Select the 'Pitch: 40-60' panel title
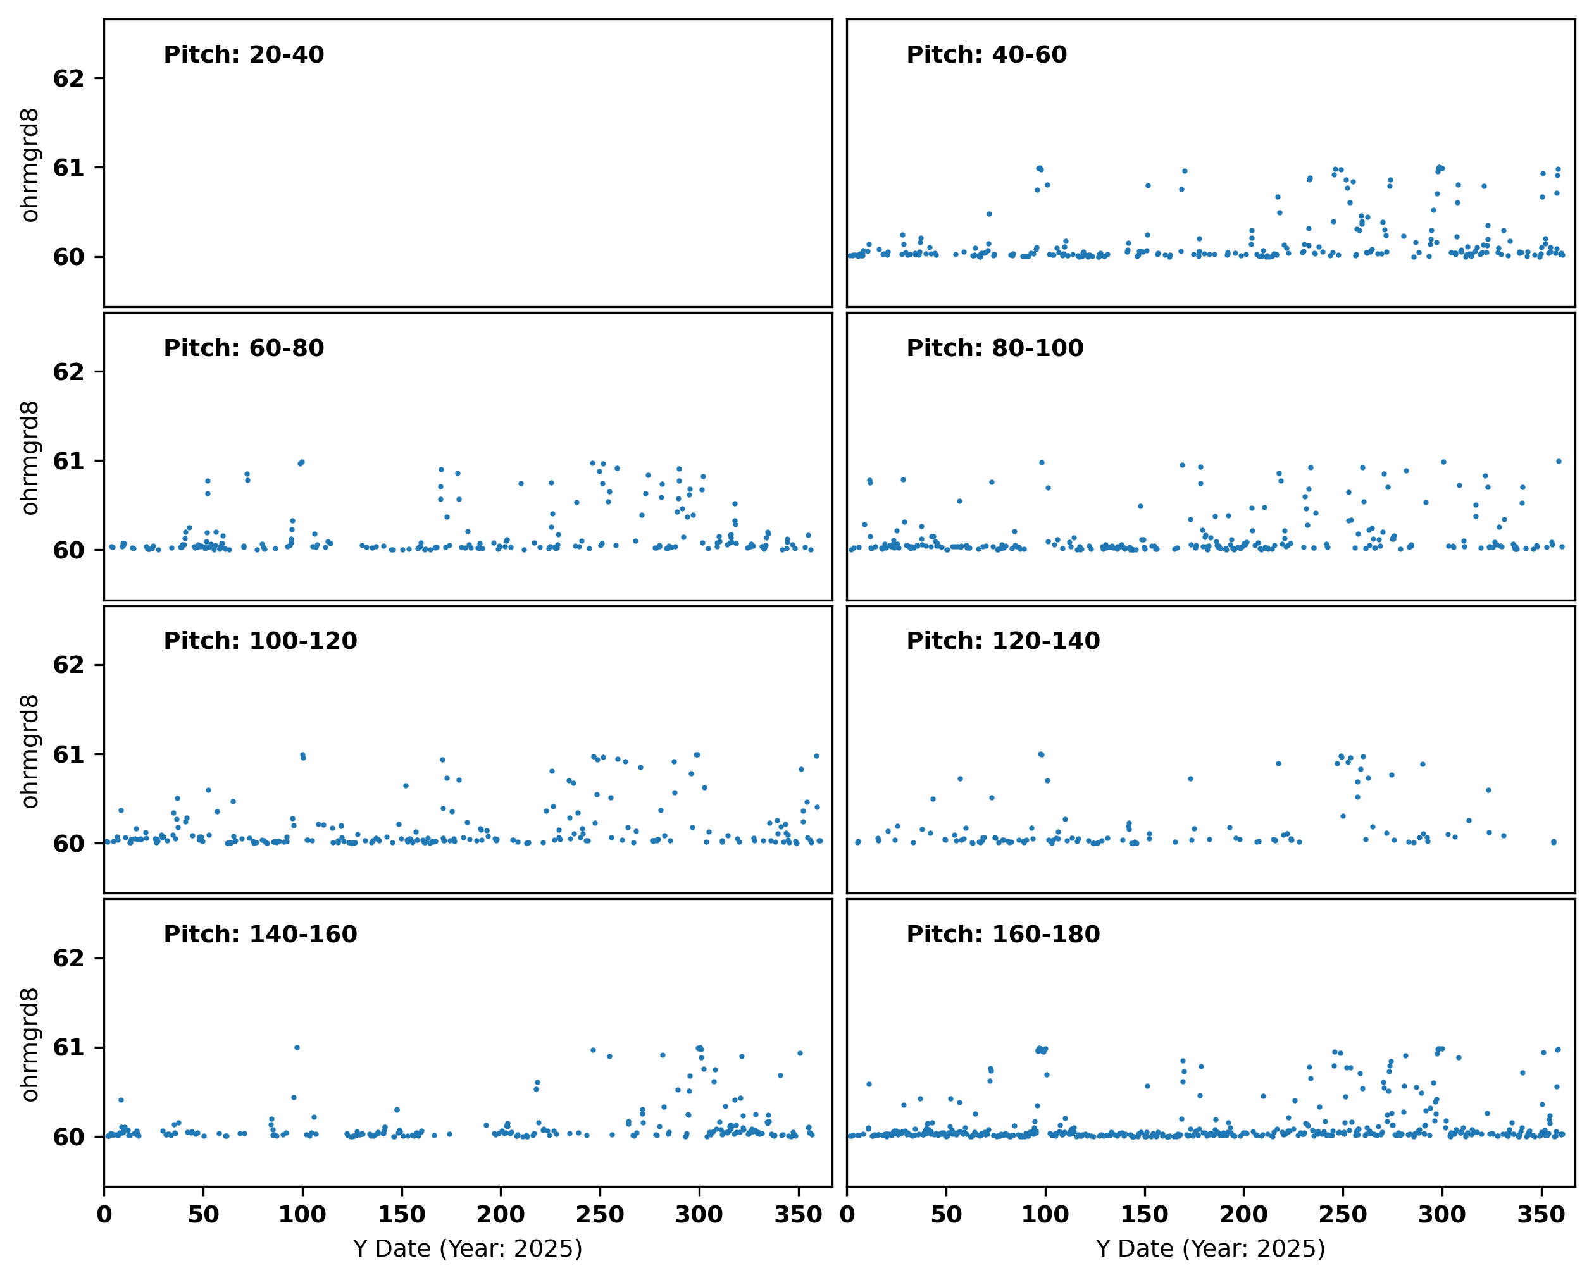click(987, 54)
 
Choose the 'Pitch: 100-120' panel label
click(260, 641)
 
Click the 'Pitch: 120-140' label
click(1003, 641)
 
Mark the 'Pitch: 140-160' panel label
click(260, 934)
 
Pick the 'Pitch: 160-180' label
click(1003, 934)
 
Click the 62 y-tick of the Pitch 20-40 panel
click(69, 78)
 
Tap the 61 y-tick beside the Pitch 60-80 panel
click(69, 461)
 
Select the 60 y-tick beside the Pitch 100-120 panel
click(69, 843)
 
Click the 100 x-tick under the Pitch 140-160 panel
click(302, 1214)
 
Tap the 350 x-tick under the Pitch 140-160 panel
click(799, 1214)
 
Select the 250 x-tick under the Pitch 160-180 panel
click(1343, 1214)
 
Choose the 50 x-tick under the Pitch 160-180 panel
click(947, 1214)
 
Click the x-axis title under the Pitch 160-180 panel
click(1211, 1248)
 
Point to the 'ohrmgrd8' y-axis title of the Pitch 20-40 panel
click(30, 166)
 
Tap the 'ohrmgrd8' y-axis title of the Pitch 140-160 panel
click(30, 1045)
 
